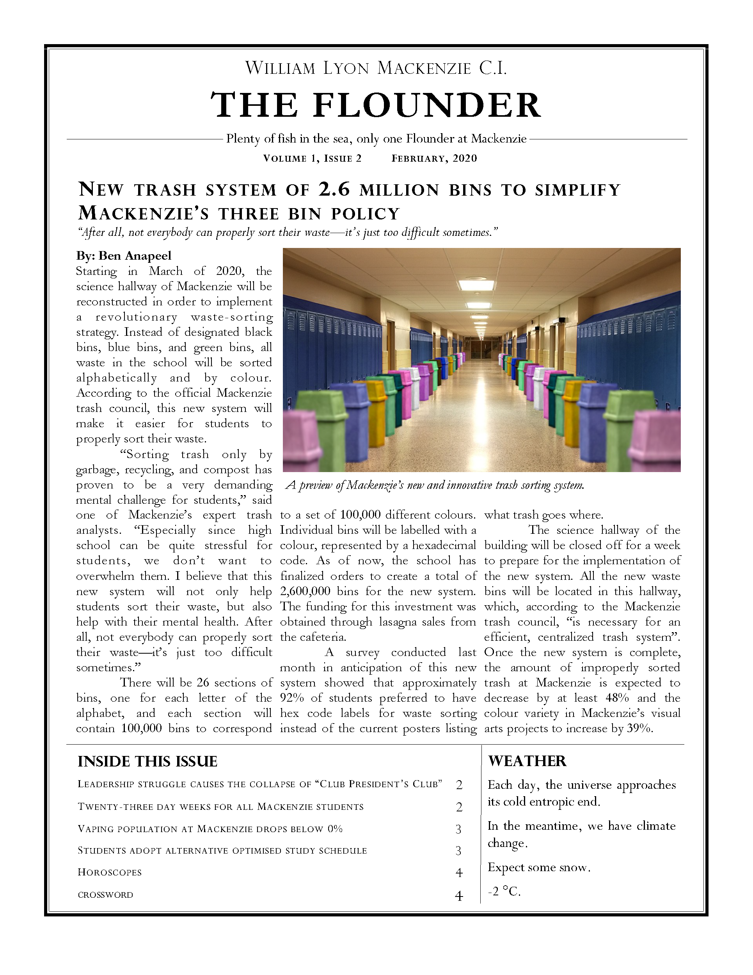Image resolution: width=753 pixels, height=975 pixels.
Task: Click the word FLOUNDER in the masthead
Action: [x=427, y=105]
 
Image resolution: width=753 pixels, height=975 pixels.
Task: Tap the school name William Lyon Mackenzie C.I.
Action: [x=376, y=68]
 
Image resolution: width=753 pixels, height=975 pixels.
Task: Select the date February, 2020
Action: [x=434, y=159]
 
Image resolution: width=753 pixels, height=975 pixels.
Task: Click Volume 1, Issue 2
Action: [x=312, y=159]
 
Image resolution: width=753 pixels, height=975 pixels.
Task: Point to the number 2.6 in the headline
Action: [x=334, y=189]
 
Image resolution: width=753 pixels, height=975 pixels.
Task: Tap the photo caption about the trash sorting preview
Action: [x=435, y=485]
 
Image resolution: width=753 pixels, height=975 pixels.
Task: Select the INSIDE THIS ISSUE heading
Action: [x=147, y=761]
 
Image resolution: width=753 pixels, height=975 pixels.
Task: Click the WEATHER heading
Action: [x=527, y=761]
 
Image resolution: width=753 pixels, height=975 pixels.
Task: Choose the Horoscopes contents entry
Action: [x=110, y=872]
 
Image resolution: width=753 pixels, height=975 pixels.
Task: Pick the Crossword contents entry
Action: [x=105, y=895]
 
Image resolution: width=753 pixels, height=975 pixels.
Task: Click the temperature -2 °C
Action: [x=504, y=891]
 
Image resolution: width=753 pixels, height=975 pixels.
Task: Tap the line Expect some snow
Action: [x=539, y=867]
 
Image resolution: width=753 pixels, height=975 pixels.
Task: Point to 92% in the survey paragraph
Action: [x=290, y=698]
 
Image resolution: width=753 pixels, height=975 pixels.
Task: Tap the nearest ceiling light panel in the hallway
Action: [x=477, y=284]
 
